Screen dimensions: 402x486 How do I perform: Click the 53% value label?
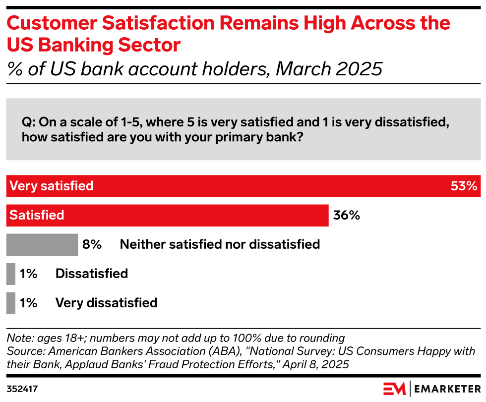pos(464,186)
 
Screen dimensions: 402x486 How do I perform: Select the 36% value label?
pos(346,216)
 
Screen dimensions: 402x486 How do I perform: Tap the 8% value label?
pos(92,244)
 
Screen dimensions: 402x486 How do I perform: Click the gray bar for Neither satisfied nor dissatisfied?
pos(42,244)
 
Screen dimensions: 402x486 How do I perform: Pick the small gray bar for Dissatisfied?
pos(11,274)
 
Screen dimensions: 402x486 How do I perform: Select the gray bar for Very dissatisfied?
pos(11,303)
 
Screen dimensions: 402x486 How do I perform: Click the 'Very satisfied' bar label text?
pos(52,186)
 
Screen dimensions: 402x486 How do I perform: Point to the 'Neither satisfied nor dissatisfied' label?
pos(220,244)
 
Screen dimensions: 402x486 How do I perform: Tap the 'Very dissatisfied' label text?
pos(106,303)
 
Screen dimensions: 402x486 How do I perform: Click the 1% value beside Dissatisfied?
pos(29,274)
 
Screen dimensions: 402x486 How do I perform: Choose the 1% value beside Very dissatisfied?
pos(29,303)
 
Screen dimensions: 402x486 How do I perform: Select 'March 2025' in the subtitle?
pos(329,69)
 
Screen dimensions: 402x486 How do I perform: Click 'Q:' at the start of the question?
pos(28,122)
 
